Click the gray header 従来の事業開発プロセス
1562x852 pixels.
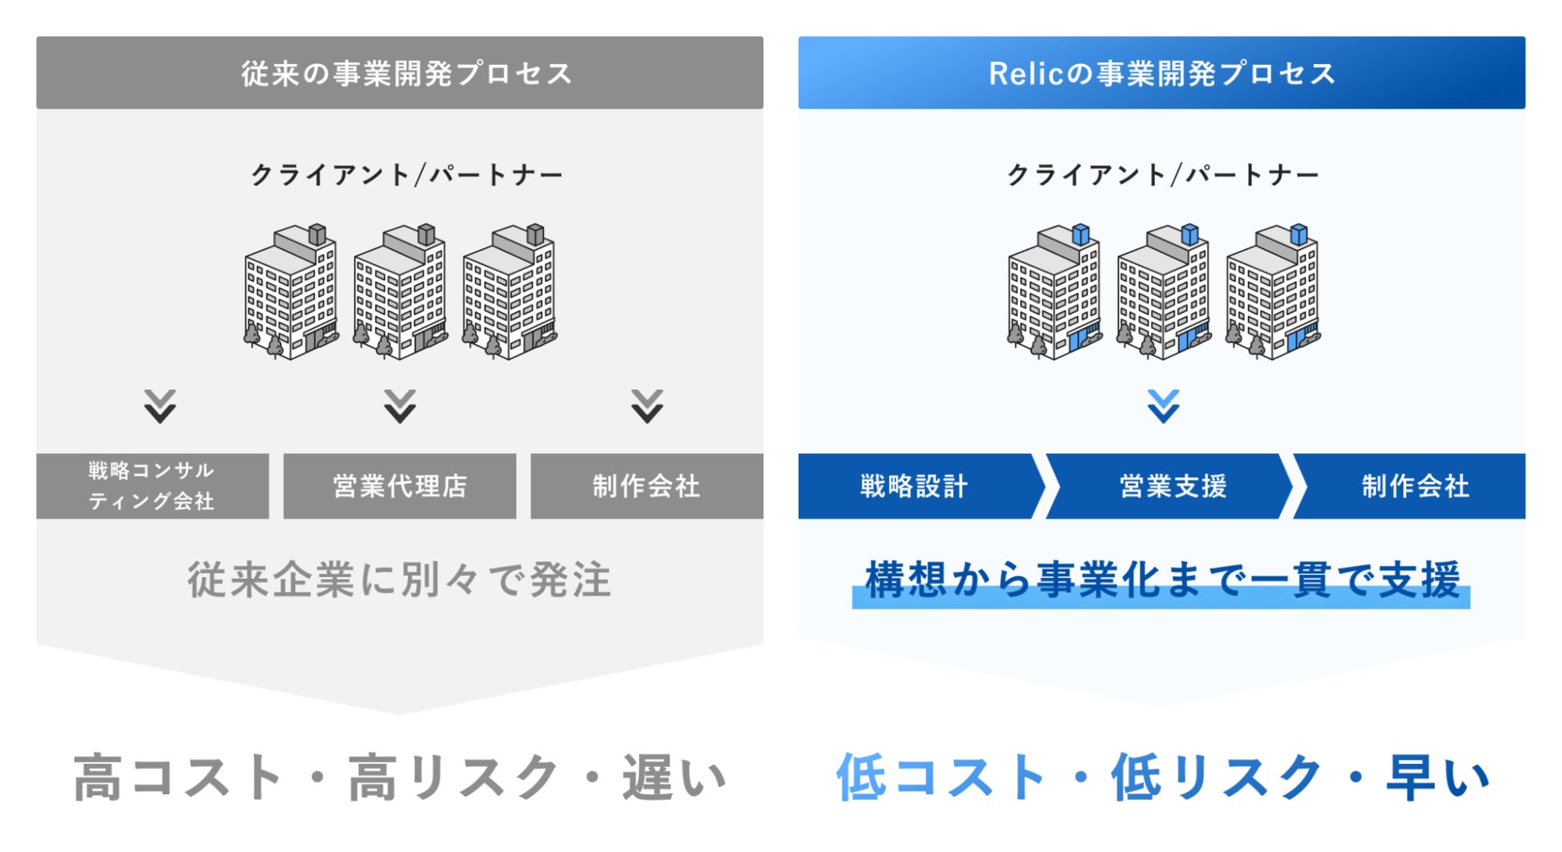click(x=400, y=73)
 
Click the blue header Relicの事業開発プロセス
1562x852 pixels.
click(x=1161, y=73)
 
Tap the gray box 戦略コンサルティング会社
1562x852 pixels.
click(x=152, y=486)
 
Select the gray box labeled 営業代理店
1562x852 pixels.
click(x=400, y=486)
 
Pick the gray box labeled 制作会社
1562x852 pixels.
click(x=646, y=486)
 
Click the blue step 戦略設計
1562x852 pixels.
click(x=915, y=486)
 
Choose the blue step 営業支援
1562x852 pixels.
click(x=1171, y=486)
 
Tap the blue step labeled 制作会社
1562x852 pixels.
click(x=1415, y=486)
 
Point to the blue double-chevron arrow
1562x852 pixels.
click(x=1163, y=406)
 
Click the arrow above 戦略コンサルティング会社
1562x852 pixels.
click(x=160, y=406)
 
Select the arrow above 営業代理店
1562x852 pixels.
click(x=400, y=406)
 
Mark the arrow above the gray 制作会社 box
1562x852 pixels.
click(x=646, y=406)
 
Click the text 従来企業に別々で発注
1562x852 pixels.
click(x=400, y=580)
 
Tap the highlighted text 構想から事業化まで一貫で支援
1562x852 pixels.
click(x=1161, y=580)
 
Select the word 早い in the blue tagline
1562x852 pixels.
click(x=1438, y=778)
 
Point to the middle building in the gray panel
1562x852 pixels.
click(x=400, y=292)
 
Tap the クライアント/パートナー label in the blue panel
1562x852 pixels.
click(x=1161, y=175)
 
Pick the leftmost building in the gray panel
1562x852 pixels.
click(x=291, y=292)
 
